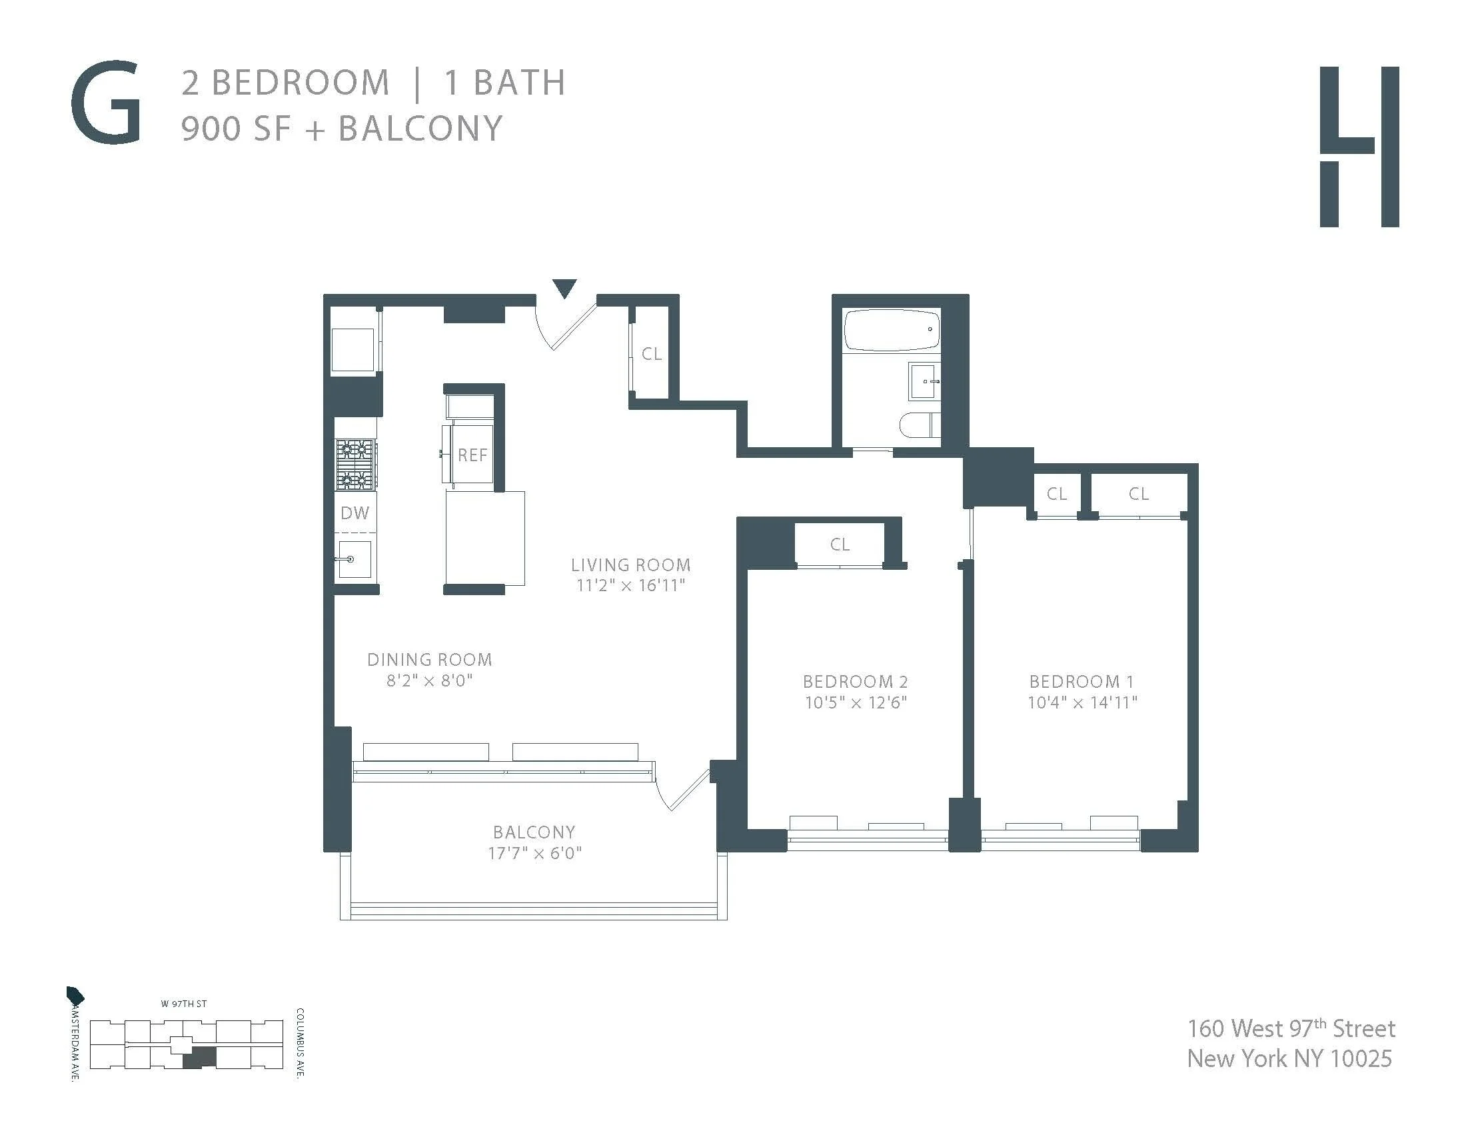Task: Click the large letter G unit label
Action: pos(106,103)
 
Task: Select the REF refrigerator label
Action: pos(472,455)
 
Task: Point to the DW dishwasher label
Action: pos(355,513)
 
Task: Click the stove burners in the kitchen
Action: pos(355,464)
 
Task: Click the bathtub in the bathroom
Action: pos(892,330)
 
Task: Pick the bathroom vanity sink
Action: pos(924,381)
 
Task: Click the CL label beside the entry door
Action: pos(652,354)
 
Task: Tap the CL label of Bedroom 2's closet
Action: pos(840,545)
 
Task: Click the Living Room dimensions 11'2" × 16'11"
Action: pos(631,585)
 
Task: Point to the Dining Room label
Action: pos(430,660)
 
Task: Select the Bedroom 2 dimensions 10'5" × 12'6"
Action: pos(856,702)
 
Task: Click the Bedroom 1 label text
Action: pos(1082,682)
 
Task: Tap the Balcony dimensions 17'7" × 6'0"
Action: pos(534,853)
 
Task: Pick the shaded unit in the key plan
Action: pos(200,1058)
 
